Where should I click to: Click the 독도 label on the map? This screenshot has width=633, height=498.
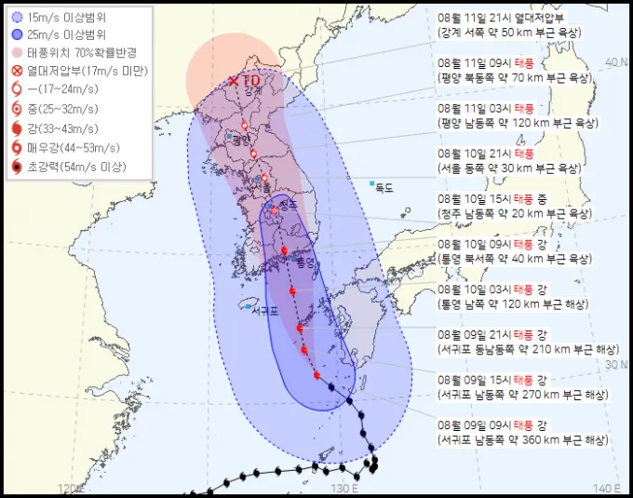pyautogui.click(x=384, y=188)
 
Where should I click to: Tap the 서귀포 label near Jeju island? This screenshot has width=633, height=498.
pyautogui.click(x=266, y=311)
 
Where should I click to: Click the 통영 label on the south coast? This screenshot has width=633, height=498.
pyautogui.click(x=306, y=263)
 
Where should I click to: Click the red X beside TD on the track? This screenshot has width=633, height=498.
pyautogui.click(x=235, y=81)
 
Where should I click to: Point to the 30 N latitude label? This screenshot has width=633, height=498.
pyautogui.click(x=616, y=365)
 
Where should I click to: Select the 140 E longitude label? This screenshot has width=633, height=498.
pyautogui.click(x=607, y=489)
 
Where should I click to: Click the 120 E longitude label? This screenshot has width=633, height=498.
pyautogui.click(x=71, y=489)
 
